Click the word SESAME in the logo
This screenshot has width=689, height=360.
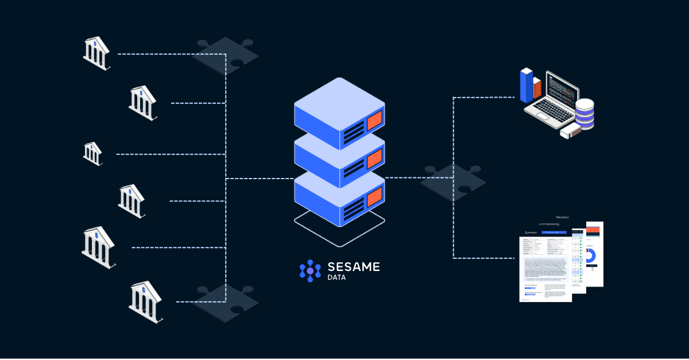click(x=353, y=266)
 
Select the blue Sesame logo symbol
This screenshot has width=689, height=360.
click(x=310, y=270)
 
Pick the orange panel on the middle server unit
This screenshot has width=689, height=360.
click(x=374, y=157)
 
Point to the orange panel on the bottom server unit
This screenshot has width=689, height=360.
click(x=374, y=196)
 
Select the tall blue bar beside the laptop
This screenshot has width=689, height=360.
click(x=527, y=86)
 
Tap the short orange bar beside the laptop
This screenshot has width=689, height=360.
click(x=537, y=89)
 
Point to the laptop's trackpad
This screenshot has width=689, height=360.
click(x=542, y=116)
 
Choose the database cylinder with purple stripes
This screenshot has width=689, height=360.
click(x=585, y=114)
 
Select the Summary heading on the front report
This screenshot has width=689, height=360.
click(x=531, y=233)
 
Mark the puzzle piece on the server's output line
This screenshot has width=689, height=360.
click(x=454, y=179)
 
